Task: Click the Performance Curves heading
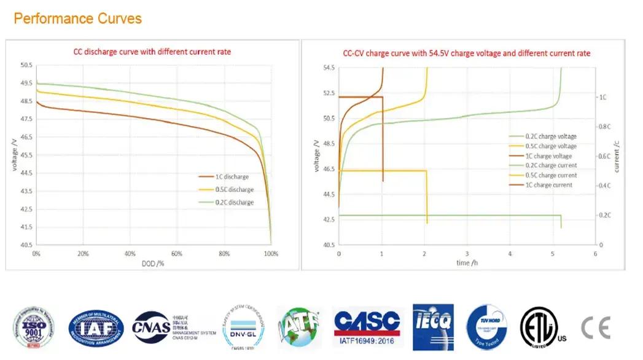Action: point(77,18)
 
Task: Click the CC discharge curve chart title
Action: point(152,52)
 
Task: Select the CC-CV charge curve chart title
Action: point(467,53)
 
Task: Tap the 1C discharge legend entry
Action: point(232,176)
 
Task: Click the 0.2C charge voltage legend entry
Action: point(550,136)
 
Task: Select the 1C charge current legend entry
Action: point(548,185)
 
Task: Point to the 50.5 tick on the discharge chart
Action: point(26,65)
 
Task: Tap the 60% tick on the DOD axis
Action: point(177,254)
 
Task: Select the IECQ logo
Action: point(433,327)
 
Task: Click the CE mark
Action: point(596,327)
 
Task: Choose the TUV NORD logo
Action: point(486,327)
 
